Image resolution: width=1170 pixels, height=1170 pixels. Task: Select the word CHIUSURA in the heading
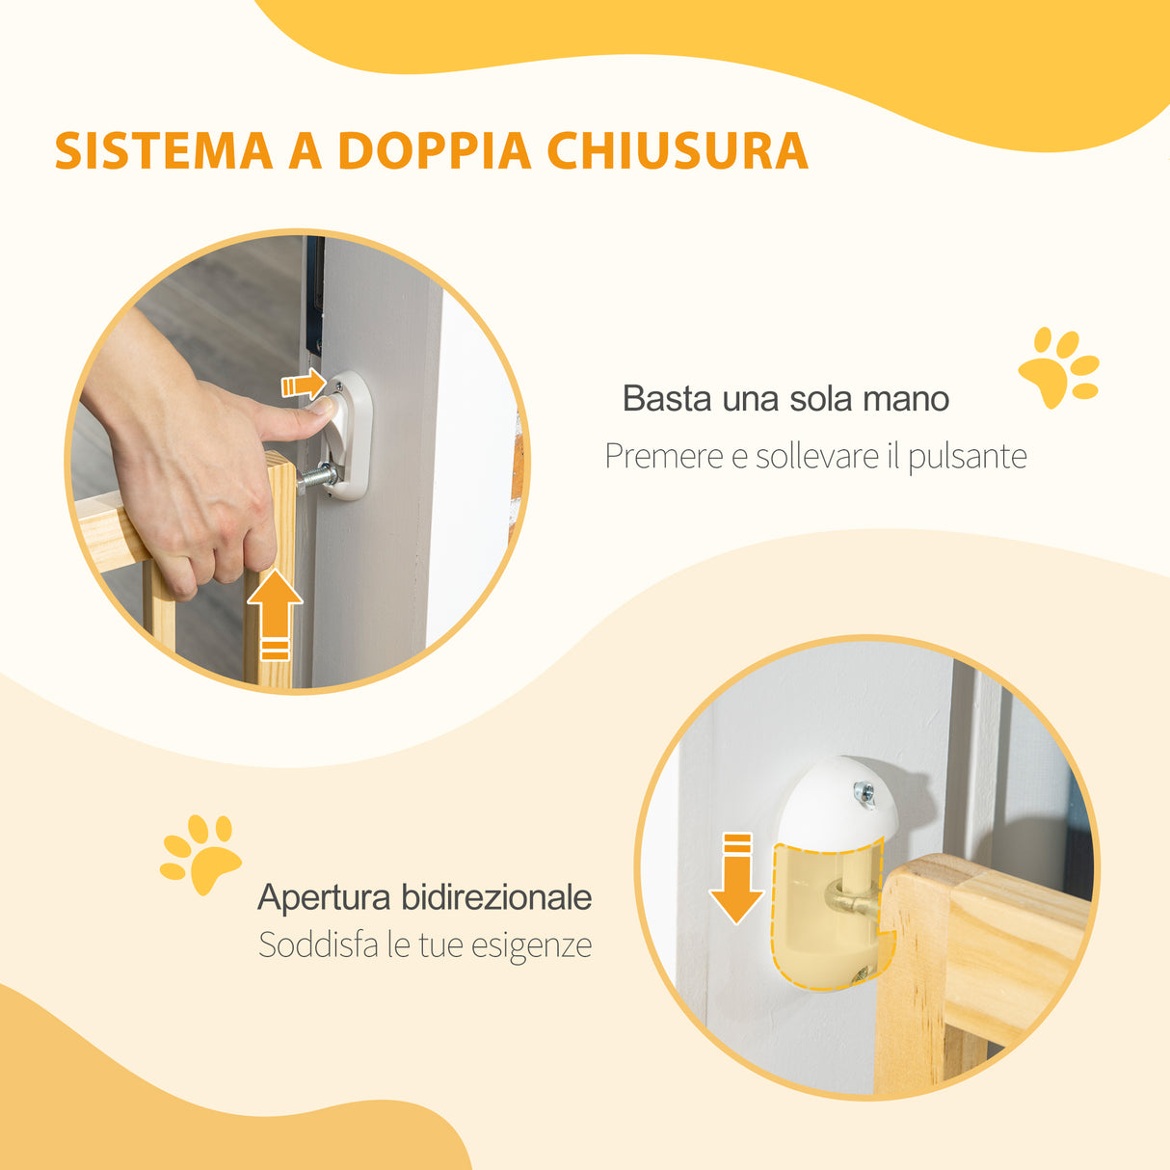coord(677,151)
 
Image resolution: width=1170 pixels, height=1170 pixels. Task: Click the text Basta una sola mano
coord(785,398)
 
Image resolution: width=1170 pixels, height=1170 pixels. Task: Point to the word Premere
coord(663,456)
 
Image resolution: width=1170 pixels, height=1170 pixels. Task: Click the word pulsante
coord(967,457)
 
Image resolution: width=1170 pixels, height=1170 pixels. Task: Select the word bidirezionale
coord(496,897)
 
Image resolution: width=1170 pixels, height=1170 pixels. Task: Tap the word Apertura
coord(324,898)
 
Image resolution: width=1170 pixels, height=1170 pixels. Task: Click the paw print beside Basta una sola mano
coord(1058,367)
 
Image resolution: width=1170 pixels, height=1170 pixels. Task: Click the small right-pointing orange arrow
coord(303,385)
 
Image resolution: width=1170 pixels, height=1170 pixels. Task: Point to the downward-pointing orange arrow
coord(736,878)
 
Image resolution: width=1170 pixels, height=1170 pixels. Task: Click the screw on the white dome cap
coord(864,792)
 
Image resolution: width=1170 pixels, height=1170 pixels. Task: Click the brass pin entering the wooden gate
coord(854,903)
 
